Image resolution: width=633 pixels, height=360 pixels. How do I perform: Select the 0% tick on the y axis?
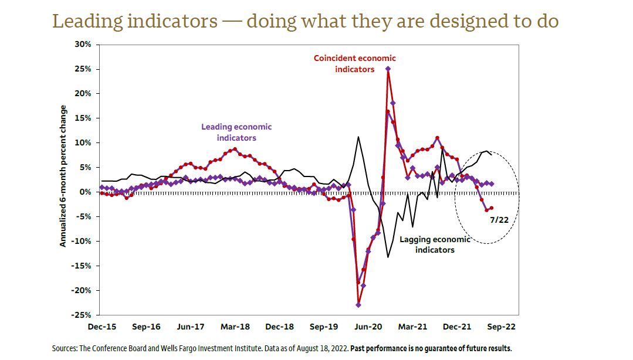(x=86, y=192)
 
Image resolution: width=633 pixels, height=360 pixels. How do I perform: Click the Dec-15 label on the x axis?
(x=101, y=327)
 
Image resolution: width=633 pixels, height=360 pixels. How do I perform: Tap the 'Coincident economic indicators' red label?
(x=354, y=63)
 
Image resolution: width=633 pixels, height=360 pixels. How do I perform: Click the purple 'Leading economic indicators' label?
(x=236, y=132)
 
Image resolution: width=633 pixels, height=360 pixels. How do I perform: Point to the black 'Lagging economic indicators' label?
(x=435, y=244)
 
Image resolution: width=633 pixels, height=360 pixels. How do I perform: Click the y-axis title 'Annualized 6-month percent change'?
(x=63, y=176)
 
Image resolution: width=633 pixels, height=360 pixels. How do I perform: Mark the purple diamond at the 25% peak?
(x=388, y=69)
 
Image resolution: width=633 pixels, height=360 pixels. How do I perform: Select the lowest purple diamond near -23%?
(x=358, y=305)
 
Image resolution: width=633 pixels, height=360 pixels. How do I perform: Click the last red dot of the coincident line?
(x=491, y=208)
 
